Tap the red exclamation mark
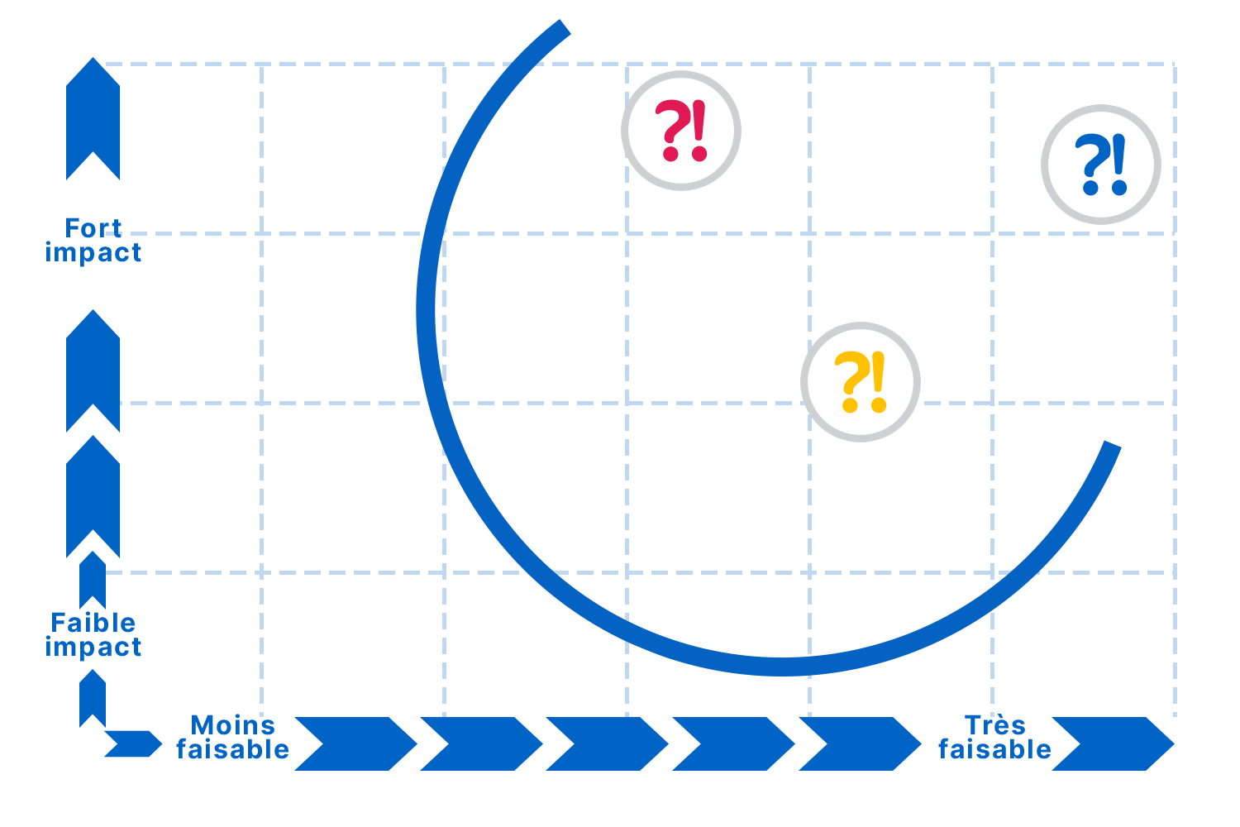point(699,131)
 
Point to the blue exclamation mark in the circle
point(1118,165)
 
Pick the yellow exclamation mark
point(878,381)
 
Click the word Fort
point(93,227)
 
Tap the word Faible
point(93,622)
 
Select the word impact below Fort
point(93,252)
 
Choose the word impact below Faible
point(93,647)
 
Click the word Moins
point(232,725)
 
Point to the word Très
point(994,725)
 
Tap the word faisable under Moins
point(232,749)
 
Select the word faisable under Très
point(994,749)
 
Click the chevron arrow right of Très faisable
point(1113,743)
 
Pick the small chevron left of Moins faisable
point(132,743)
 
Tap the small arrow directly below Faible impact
point(93,699)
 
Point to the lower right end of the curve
point(1112,447)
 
